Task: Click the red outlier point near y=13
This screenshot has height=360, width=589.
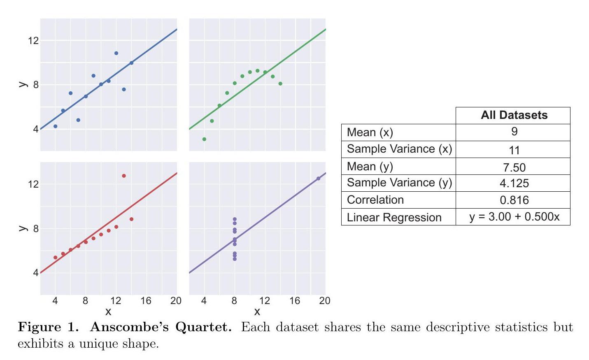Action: click(124, 176)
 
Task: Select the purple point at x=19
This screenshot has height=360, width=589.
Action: click(318, 179)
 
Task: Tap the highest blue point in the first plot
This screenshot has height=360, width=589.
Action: click(116, 53)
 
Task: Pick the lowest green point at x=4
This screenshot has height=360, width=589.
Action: click(204, 139)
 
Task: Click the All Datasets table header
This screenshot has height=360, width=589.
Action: click(514, 115)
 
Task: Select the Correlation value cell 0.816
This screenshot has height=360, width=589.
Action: click(514, 200)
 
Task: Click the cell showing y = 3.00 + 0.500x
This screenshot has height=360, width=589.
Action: click(514, 217)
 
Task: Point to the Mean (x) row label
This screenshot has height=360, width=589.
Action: click(370, 132)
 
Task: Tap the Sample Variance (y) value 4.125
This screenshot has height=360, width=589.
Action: click(514, 183)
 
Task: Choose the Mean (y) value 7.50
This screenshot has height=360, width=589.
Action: click(514, 167)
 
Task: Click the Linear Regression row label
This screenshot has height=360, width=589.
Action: click(394, 217)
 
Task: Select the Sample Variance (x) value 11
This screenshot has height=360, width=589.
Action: click(514, 150)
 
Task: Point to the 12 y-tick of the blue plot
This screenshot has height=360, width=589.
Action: click(33, 40)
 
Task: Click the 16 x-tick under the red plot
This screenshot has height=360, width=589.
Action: click(146, 301)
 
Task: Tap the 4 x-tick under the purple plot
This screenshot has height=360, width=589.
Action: click(204, 301)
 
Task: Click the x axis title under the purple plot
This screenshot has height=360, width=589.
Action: click(257, 312)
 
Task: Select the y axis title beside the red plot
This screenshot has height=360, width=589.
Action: click(23, 228)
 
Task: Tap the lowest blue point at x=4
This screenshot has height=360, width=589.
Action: click(56, 126)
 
